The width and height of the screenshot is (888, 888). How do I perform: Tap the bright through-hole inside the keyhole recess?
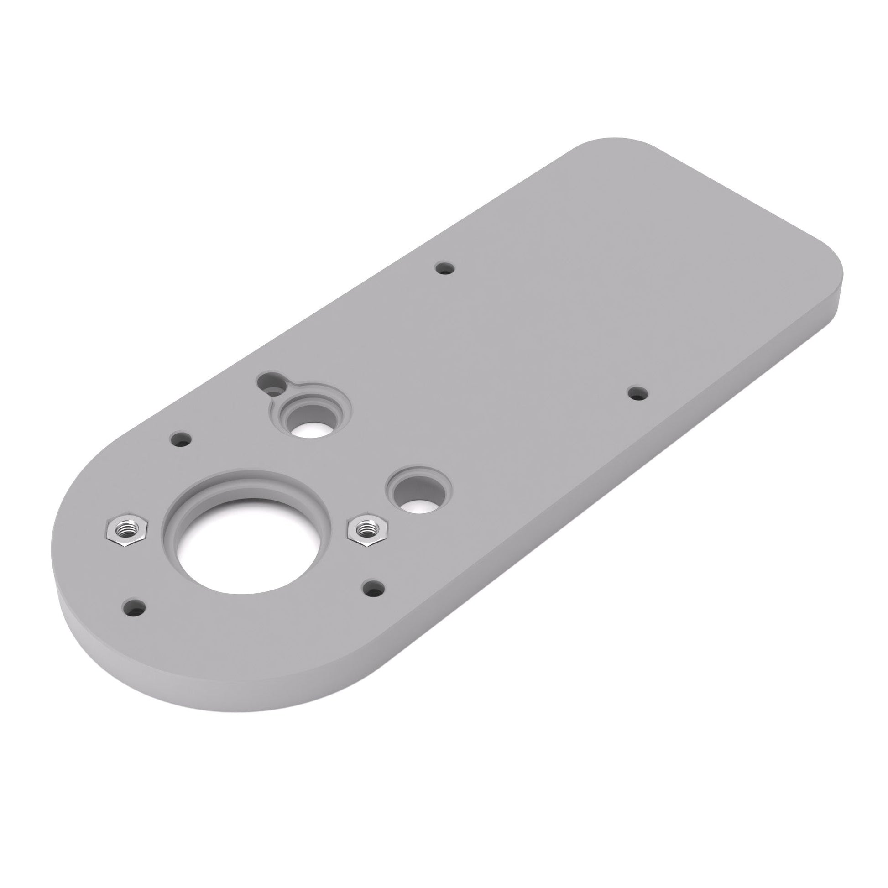point(310,429)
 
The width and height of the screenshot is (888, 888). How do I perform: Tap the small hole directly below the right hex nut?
point(374,587)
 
